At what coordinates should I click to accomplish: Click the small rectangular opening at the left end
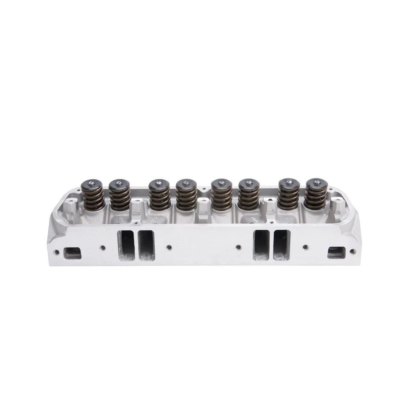coord(72,253)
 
